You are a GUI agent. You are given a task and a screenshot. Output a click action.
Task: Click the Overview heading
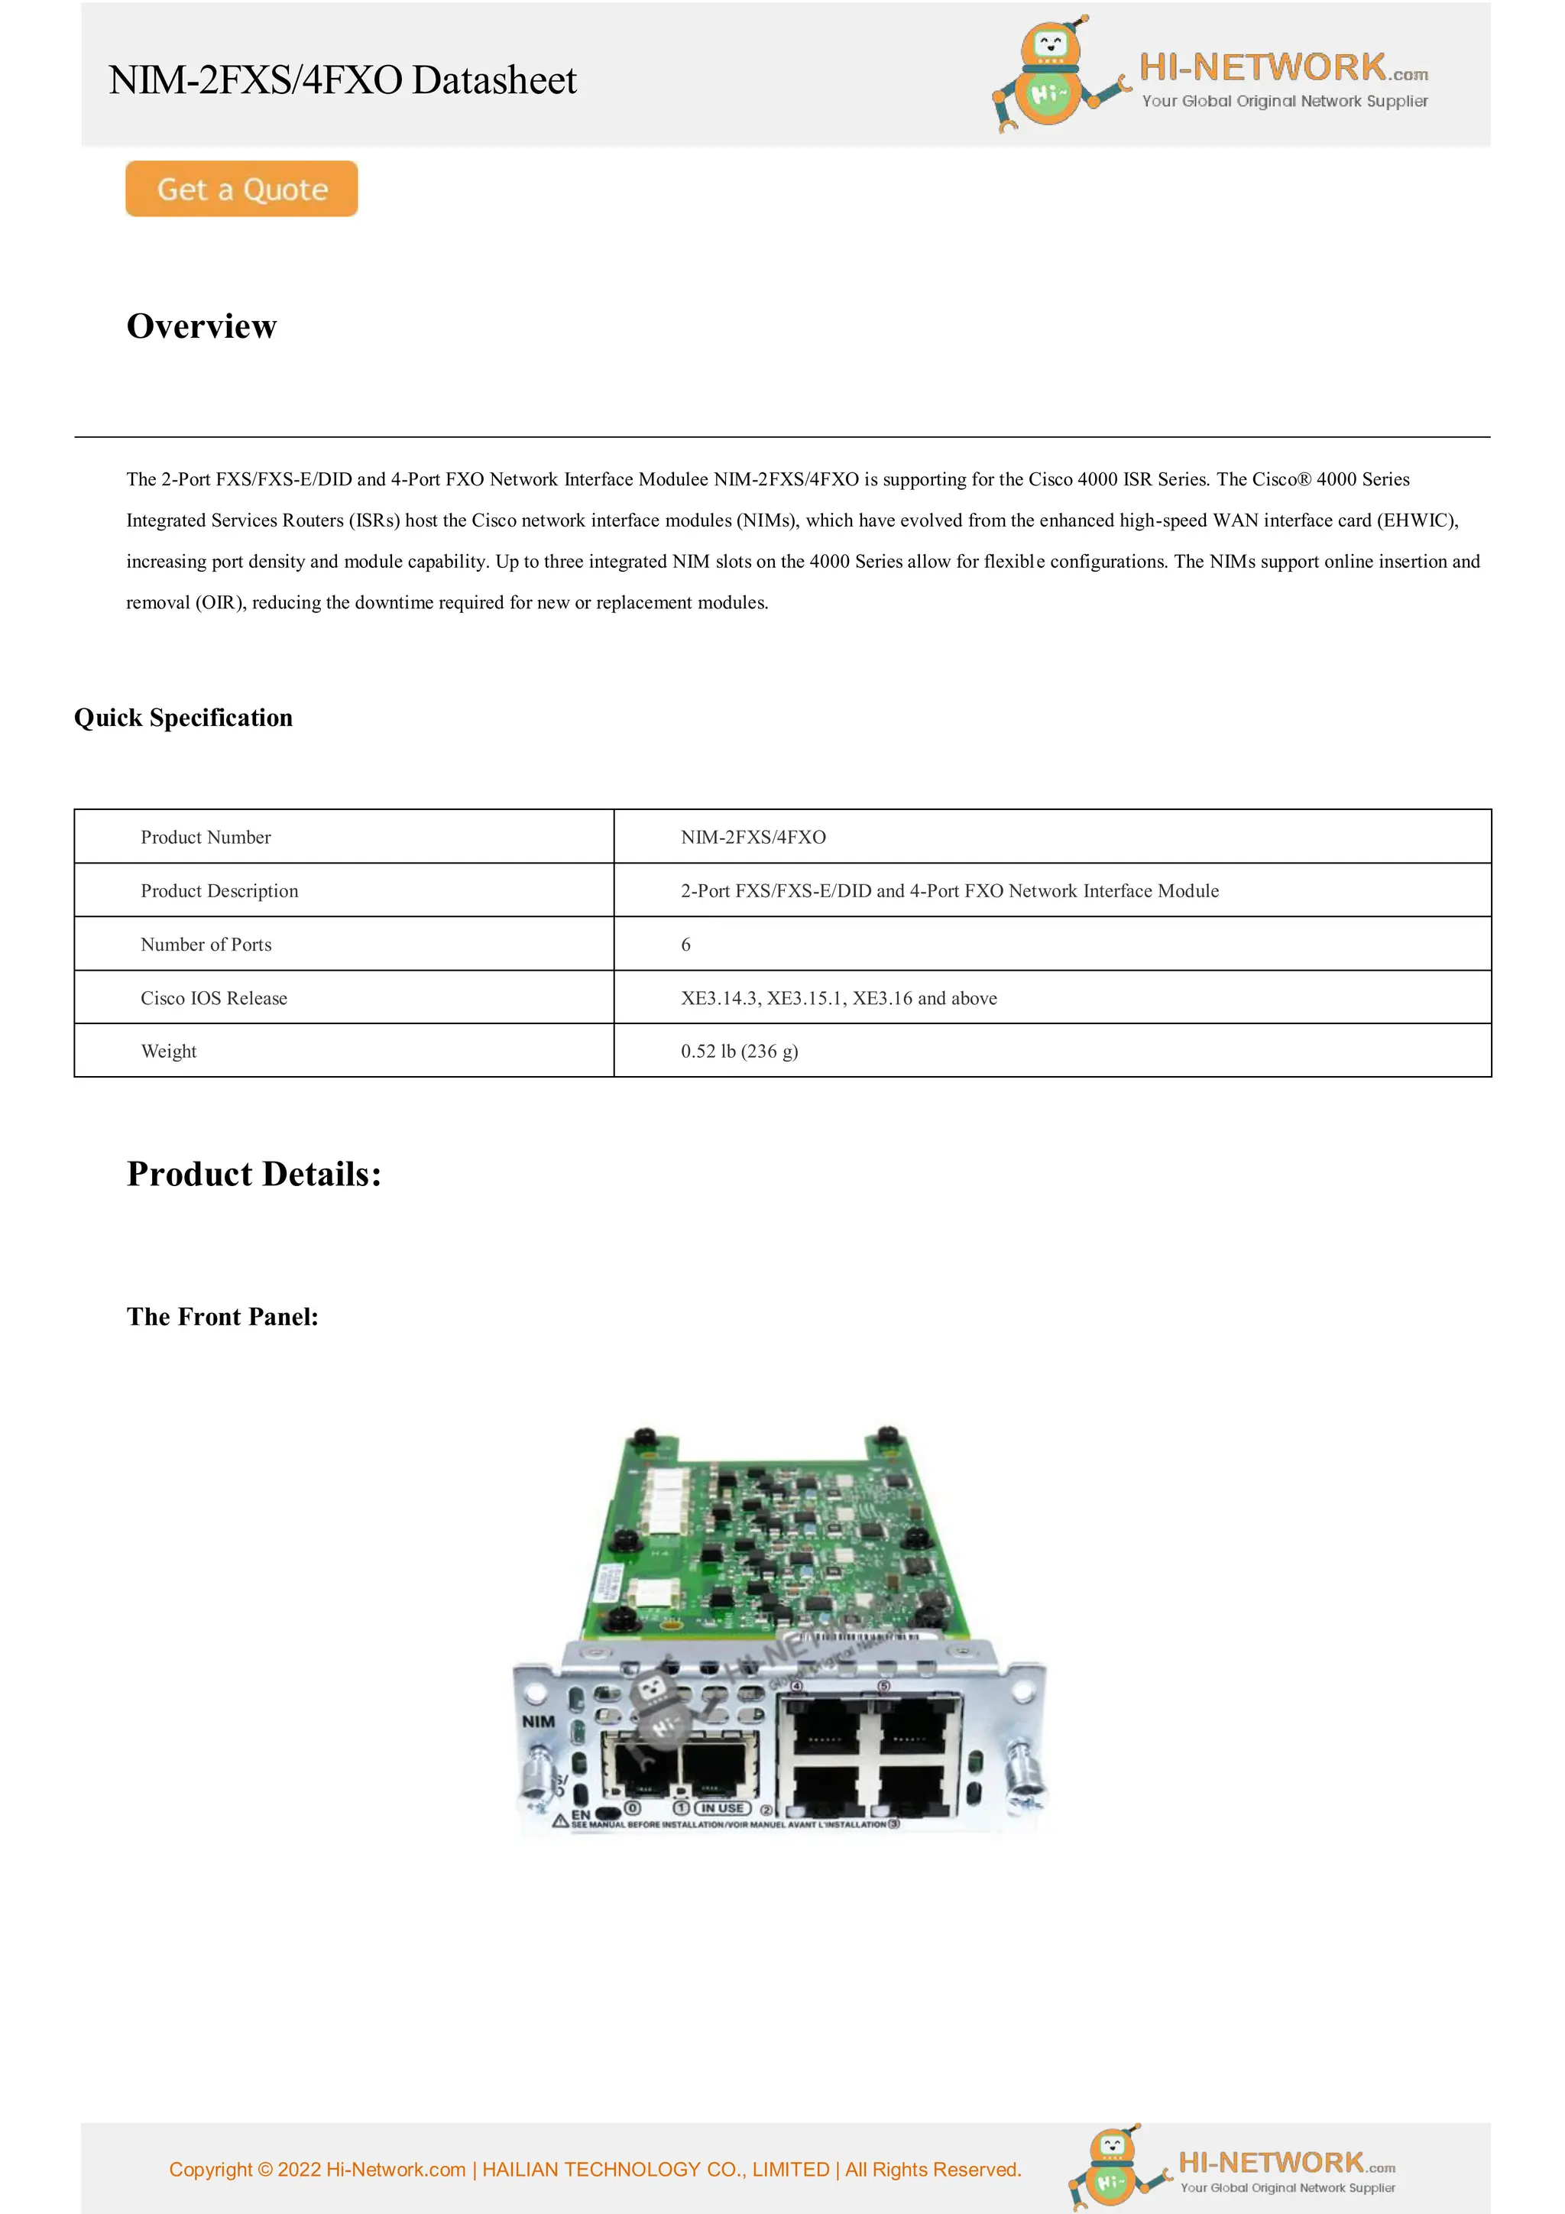202,326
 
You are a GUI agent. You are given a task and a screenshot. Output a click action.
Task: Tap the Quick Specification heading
183,718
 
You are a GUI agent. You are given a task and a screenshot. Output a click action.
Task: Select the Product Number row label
206,837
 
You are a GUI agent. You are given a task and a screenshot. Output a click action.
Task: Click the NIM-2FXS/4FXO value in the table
753,837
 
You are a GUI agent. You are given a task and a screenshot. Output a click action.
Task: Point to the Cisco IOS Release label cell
214,998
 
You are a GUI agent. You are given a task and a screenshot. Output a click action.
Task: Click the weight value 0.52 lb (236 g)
739,1051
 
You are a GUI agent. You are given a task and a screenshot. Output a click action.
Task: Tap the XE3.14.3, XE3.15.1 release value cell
838,998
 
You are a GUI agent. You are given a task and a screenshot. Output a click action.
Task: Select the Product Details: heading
254,1174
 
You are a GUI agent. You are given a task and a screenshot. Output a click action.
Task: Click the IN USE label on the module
722,1808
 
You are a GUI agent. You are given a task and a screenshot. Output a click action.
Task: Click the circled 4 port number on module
796,1687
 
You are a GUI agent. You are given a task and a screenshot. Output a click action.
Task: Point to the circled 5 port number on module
883,1687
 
